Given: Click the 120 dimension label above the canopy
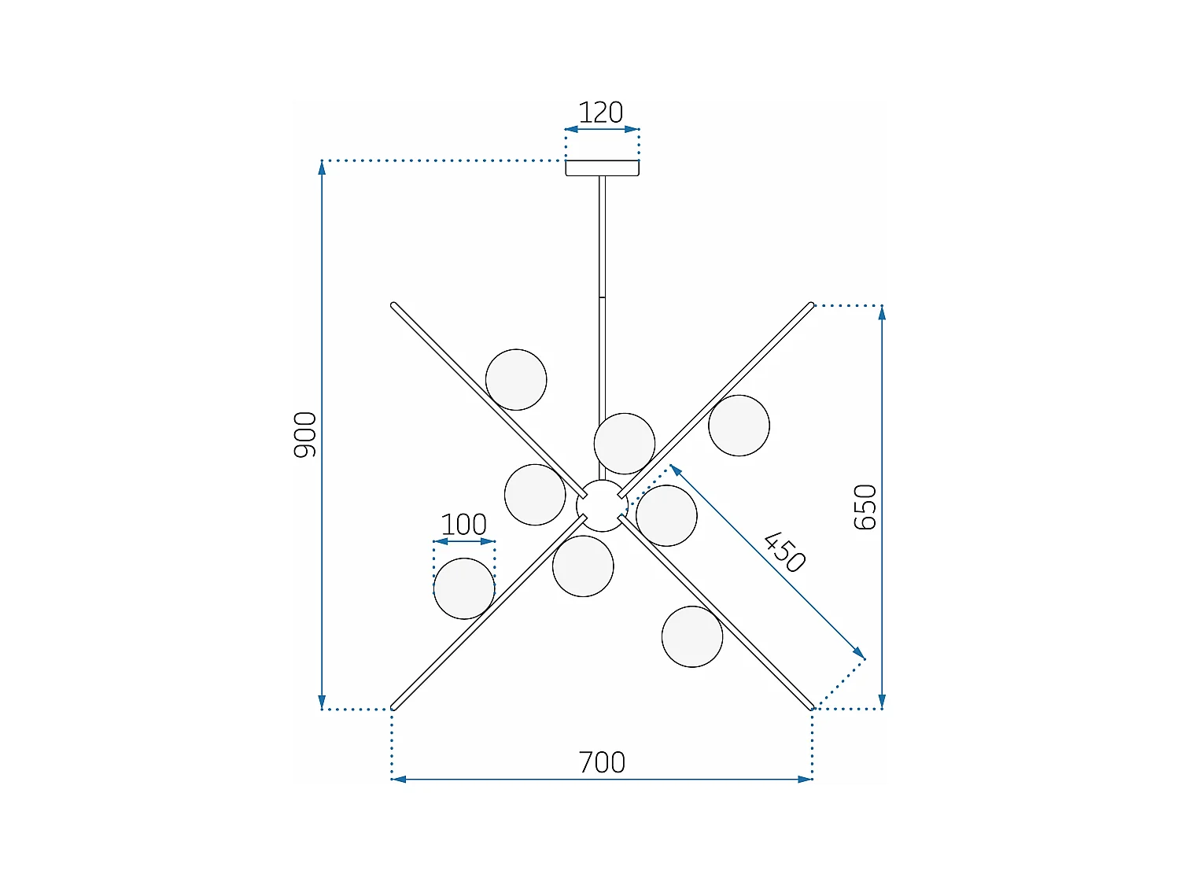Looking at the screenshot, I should [601, 112].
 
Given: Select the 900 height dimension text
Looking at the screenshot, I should [305, 434].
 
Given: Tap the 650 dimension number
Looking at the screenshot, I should [865, 507].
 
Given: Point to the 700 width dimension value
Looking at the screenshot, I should [602, 762].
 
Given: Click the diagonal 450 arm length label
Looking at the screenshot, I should [785, 552].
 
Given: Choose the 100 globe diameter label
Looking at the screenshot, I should [463, 525].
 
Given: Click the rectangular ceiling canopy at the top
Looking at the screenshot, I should [602, 168].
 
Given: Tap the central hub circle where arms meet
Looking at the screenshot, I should [602, 506].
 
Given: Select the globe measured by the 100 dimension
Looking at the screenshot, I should [464, 588].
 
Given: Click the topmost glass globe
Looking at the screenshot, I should [516, 380].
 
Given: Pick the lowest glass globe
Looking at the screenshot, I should [692, 636].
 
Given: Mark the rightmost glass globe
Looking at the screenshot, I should [739, 426].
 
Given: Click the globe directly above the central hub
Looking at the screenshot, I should [625, 444].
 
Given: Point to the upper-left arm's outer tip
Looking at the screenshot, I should [394, 305].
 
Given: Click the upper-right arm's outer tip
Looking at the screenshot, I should [811, 305].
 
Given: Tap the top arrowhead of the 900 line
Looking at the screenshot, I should [322, 167].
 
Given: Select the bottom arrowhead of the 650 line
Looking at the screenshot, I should [882, 702].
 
